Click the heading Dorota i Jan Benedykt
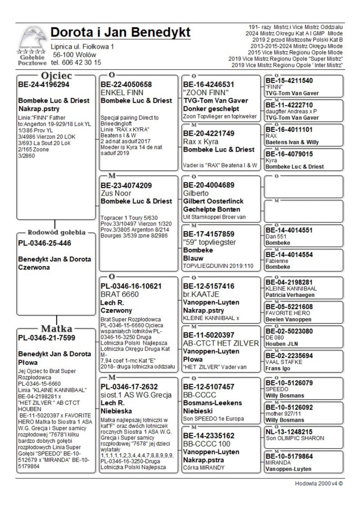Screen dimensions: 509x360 (x=121, y=32)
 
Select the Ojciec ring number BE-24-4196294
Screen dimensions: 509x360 (x=44, y=84)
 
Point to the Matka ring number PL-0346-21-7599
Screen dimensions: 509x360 (x=46, y=338)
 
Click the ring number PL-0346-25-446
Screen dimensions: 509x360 (x=45, y=243)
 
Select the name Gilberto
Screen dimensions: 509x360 (x=197, y=193)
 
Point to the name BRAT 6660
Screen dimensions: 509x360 (x=120, y=294)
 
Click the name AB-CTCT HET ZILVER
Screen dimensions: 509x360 (x=221, y=343)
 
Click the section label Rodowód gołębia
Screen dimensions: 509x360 (x=57, y=233)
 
